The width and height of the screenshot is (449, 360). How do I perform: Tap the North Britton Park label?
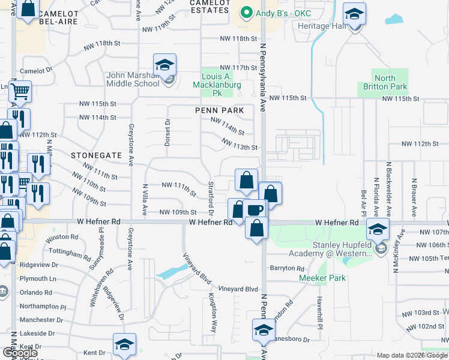point(384,82)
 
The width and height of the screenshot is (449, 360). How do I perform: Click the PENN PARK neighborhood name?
point(219,110)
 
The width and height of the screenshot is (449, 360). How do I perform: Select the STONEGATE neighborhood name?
point(96,155)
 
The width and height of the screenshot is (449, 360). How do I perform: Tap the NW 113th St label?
point(239,144)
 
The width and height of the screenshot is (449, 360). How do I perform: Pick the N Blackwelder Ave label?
point(388,189)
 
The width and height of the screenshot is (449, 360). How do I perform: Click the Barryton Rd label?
point(284,268)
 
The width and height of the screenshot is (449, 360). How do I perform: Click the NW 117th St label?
point(238,68)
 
